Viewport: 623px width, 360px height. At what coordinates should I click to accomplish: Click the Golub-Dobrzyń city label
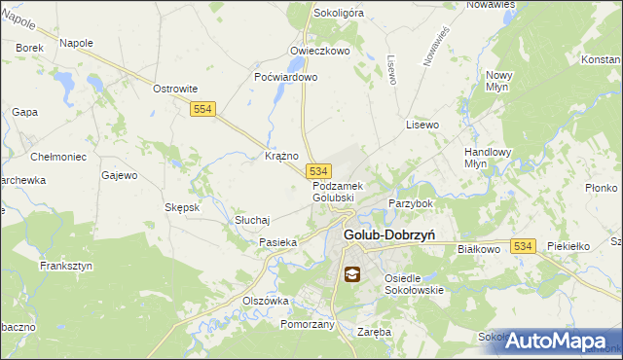[x=388, y=234]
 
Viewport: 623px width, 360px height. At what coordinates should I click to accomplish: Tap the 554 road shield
[x=202, y=112]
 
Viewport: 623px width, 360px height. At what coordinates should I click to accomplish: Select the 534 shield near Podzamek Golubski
[x=319, y=170]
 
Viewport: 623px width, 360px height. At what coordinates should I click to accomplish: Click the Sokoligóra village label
[x=339, y=14]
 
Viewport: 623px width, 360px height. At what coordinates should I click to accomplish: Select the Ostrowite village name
[x=175, y=89]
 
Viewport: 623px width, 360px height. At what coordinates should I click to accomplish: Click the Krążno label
[x=281, y=156]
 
